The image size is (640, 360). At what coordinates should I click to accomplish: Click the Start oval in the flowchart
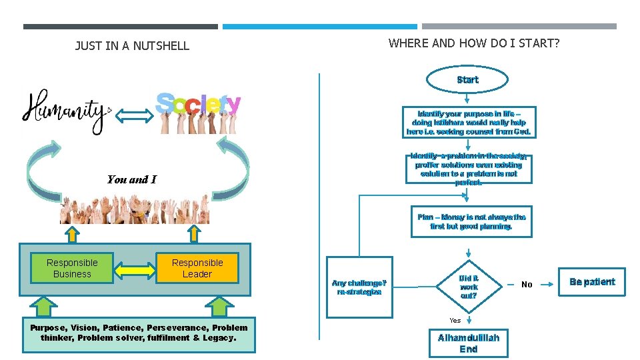point(467,79)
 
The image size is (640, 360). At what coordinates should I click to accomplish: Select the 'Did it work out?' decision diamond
point(469,287)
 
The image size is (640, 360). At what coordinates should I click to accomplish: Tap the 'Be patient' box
point(591,281)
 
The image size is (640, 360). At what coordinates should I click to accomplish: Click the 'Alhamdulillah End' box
point(468,343)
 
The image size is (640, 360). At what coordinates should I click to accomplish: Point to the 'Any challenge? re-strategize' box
point(359,287)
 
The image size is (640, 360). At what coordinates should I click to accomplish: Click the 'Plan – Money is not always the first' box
point(471,221)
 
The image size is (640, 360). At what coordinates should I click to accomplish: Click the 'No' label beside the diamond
point(527,285)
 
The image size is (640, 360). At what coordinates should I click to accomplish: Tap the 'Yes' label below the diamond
point(455,320)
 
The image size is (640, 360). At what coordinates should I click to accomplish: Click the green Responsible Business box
point(72,268)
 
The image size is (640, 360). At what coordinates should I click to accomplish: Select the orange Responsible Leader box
point(197,268)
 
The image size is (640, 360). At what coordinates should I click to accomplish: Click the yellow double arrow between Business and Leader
point(134,269)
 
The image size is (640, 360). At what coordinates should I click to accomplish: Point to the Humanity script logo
point(65,109)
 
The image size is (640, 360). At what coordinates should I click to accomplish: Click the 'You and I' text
point(131,179)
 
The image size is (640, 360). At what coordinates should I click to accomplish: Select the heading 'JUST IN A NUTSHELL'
point(132,46)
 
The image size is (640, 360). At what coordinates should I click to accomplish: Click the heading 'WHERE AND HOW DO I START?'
point(474,43)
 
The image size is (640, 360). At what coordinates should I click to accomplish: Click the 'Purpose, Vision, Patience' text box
point(139,333)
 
